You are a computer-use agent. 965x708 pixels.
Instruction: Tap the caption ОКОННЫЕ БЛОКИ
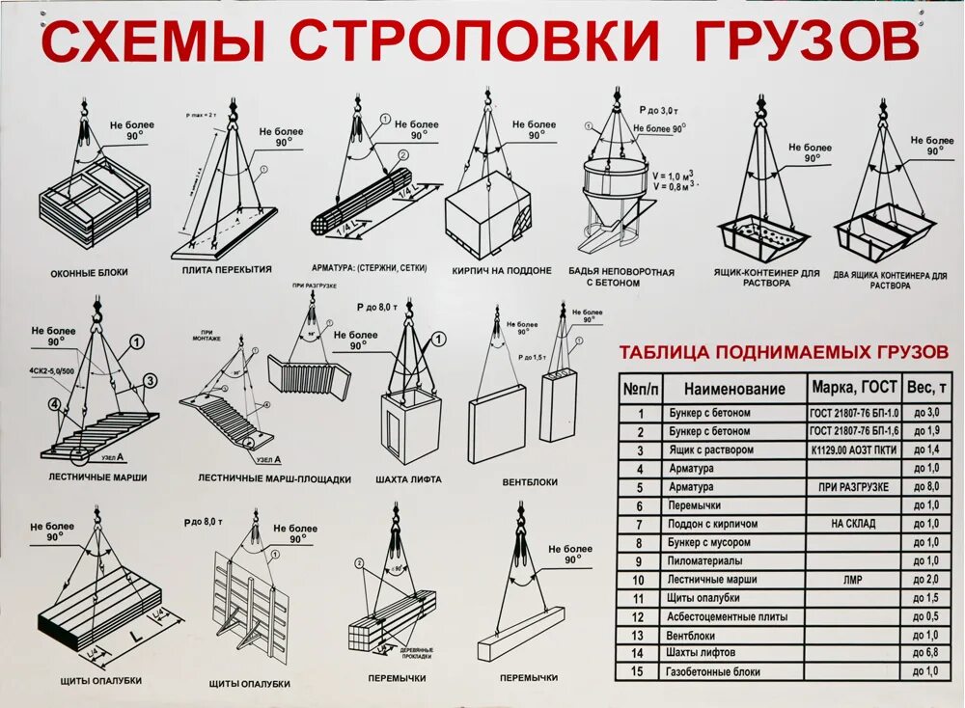point(89,273)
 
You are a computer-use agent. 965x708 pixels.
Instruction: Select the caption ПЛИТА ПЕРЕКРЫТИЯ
point(227,270)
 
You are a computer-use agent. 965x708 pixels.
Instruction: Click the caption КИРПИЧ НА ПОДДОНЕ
point(502,271)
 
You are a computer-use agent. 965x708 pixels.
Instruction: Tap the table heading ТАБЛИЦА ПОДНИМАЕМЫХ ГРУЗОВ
point(784,352)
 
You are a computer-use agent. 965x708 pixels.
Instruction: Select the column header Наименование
point(734,389)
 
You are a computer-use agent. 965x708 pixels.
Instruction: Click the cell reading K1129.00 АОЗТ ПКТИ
point(853,450)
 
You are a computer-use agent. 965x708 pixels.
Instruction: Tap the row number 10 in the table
point(637,580)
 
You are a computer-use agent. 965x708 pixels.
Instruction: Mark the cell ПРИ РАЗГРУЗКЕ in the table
point(853,487)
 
